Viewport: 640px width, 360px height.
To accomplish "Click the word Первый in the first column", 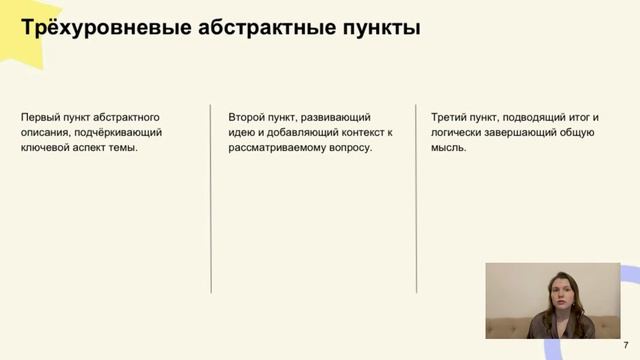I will (40, 116).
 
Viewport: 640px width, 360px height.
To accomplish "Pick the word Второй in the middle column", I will (246, 116).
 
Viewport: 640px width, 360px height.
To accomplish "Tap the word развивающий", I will (335, 116).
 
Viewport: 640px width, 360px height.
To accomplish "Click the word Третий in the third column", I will (449, 116).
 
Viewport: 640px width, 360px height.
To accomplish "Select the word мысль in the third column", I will (447, 147).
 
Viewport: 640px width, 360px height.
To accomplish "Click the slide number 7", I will (626, 344).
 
